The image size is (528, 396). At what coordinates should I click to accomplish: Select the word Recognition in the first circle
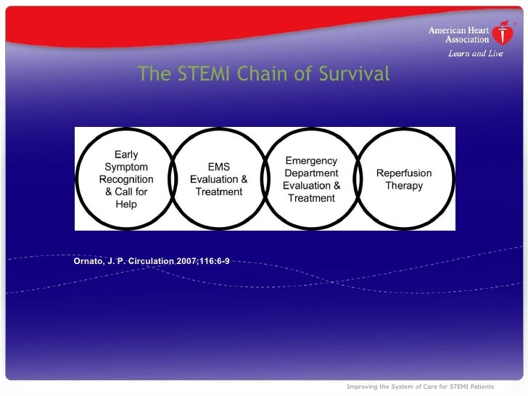[x=126, y=179]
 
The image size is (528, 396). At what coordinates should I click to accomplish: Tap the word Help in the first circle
[x=126, y=205]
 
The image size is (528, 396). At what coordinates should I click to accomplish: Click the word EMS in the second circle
[x=218, y=167]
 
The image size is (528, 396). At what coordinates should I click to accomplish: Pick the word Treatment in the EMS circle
[x=218, y=192]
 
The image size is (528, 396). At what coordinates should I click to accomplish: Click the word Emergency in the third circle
[x=311, y=160]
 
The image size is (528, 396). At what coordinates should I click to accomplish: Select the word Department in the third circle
[x=311, y=173]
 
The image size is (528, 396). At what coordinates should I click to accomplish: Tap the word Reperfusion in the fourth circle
[x=404, y=173]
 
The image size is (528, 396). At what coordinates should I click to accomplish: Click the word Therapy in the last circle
[x=404, y=186]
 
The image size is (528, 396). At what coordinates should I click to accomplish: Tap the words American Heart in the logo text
[x=458, y=30]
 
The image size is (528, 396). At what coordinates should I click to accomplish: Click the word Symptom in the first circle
[x=126, y=167]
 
